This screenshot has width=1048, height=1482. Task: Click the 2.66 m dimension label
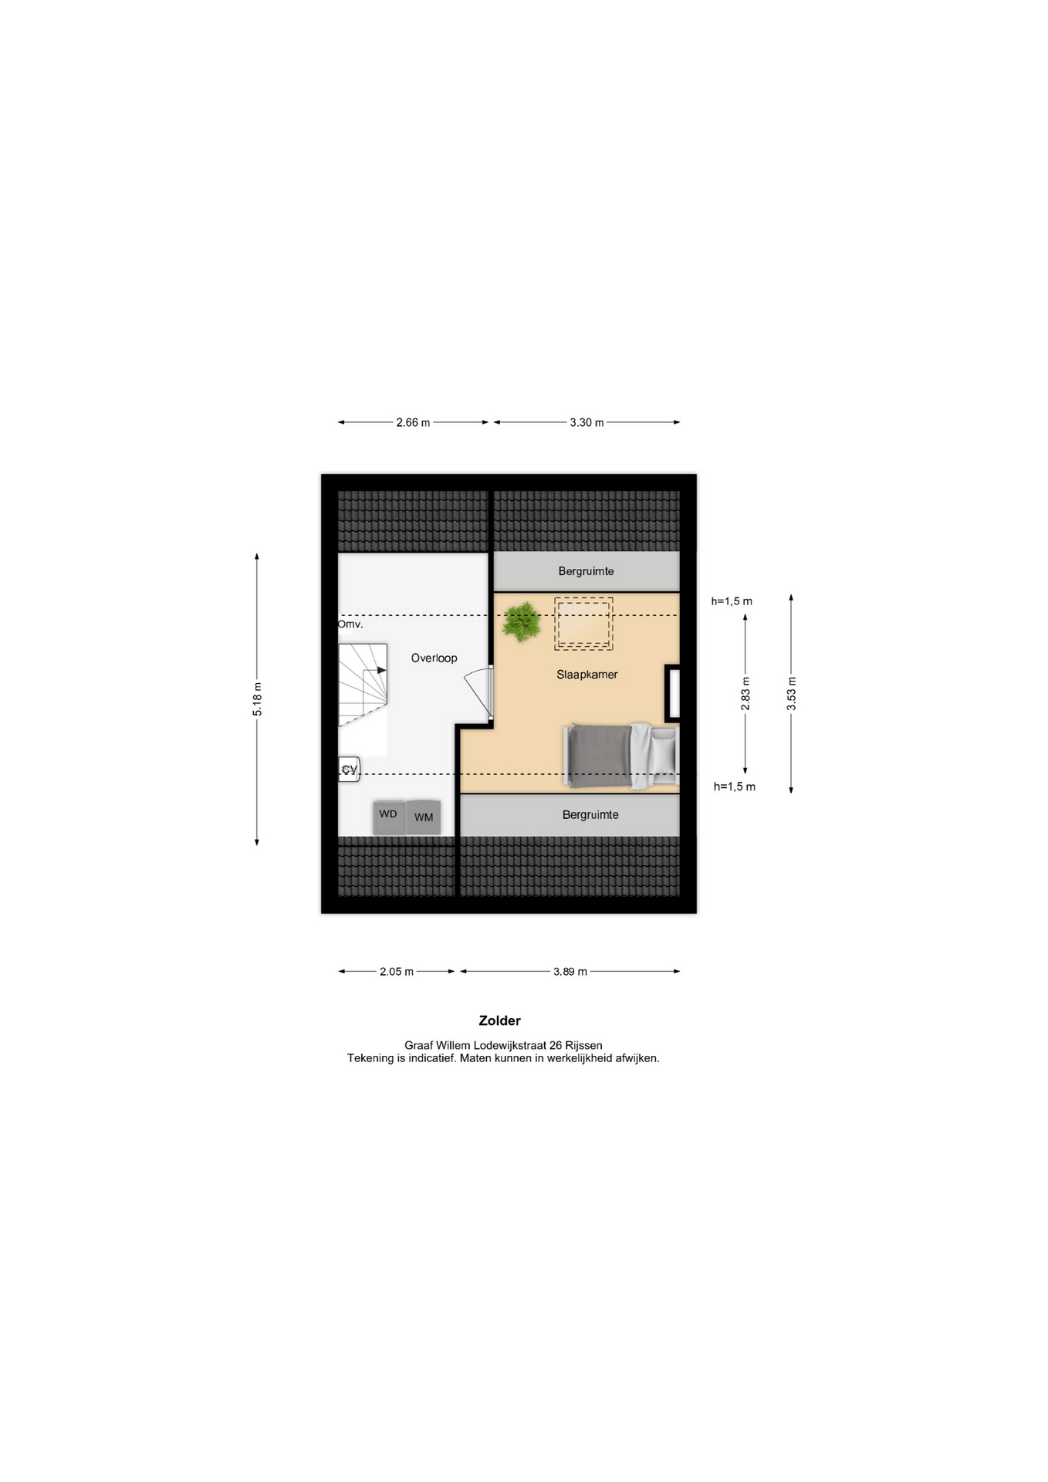tap(413, 422)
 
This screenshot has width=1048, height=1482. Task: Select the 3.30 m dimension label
tap(587, 422)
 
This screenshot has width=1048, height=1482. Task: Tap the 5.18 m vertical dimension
tap(257, 699)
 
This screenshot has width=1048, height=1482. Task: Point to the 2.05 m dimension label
tap(397, 972)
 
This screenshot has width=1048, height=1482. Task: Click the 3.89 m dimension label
tap(570, 972)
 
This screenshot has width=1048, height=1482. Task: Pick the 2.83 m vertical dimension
tap(745, 693)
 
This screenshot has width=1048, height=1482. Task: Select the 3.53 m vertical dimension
tap(791, 693)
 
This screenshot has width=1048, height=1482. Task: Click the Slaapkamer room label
tap(587, 675)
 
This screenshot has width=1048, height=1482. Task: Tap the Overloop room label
tap(434, 658)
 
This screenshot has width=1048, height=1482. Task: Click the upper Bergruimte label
tap(587, 571)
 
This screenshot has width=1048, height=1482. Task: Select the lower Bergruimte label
tap(590, 814)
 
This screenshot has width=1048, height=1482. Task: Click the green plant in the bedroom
tap(522, 621)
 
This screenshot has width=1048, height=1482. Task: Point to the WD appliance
tap(389, 817)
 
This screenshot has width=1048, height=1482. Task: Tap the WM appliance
tap(424, 817)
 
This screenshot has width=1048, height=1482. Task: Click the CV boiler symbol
tap(349, 769)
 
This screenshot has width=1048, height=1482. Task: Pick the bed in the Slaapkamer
tap(622, 756)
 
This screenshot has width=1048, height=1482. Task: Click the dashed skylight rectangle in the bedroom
tap(583, 624)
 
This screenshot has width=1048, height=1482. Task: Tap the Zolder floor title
tap(499, 1020)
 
